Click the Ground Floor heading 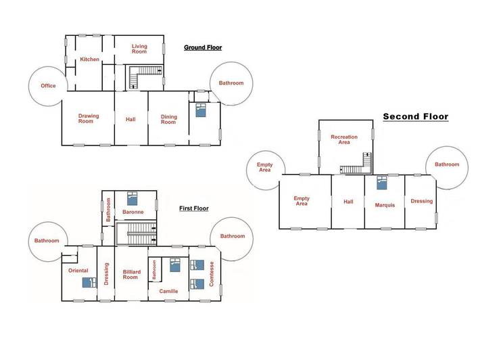tap(203, 48)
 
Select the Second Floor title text tap(416, 116)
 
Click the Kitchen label tap(90, 60)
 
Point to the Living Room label tap(139, 49)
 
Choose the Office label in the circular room tap(48, 86)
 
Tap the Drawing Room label tap(88, 118)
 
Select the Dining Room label tap(168, 120)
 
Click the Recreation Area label tap(344, 140)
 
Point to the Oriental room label tap(78, 271)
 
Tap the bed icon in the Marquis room tap(382, 181)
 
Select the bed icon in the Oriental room tap(86, 282)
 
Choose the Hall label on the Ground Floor tap(130, 120)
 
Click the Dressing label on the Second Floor tap(422, 201)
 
